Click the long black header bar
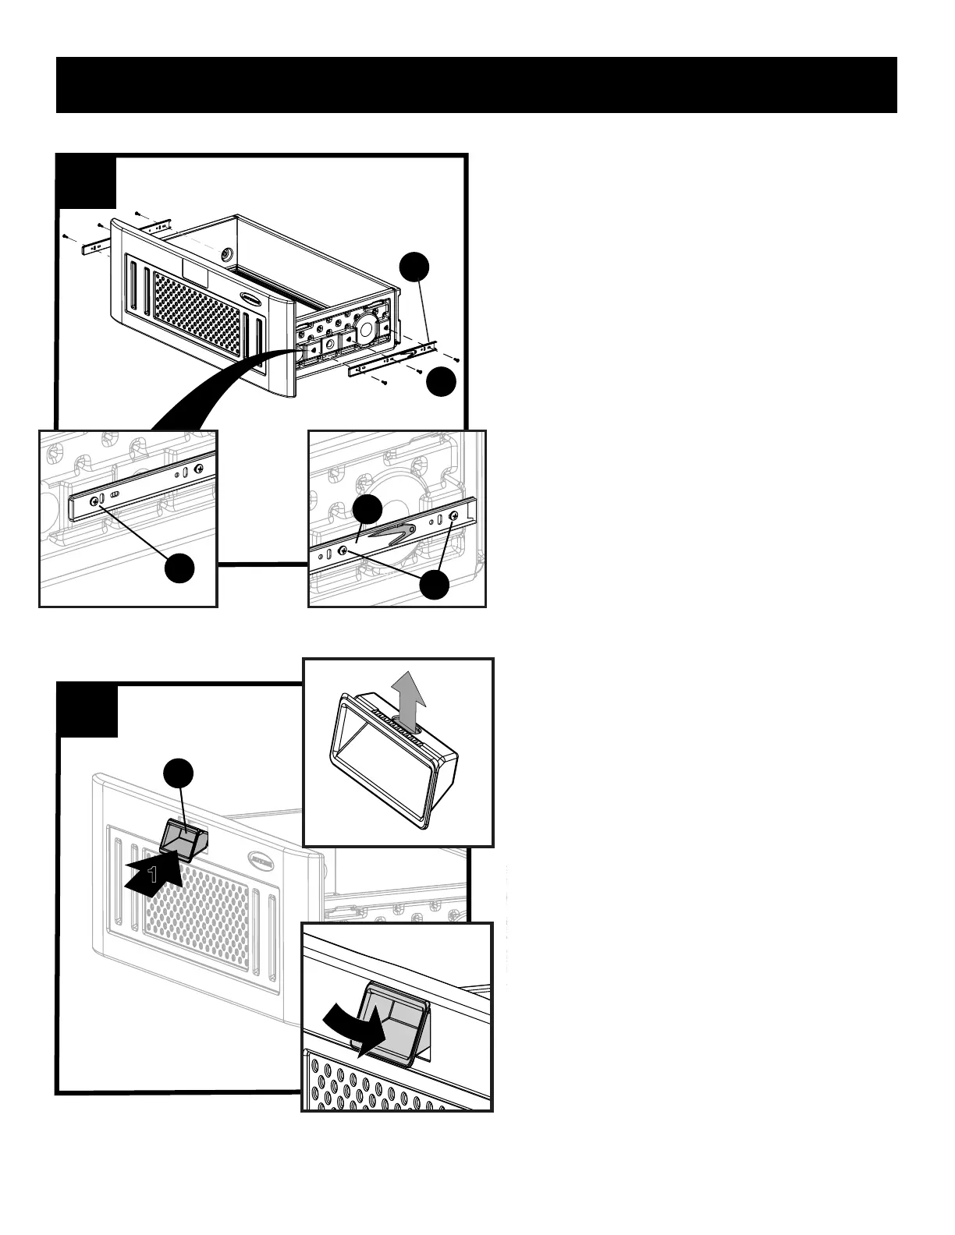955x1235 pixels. (476, 84)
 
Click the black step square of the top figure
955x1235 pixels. (87, 182)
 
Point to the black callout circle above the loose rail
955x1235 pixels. (414, 267)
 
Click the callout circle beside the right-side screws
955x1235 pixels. (442, 381)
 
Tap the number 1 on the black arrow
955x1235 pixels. (154, 875)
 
